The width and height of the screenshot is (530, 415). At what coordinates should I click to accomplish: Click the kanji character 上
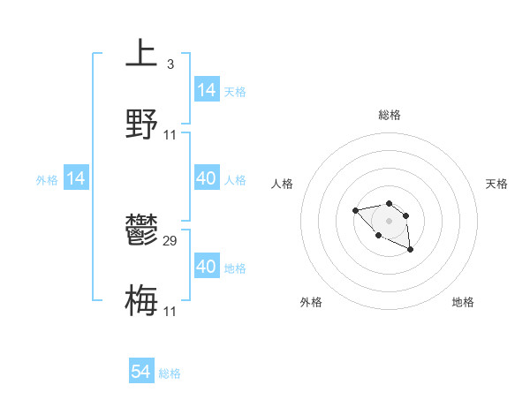pos(141,52)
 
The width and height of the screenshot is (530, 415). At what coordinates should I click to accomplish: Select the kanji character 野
pos(141,124)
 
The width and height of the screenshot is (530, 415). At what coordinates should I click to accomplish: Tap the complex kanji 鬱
pos(141,231)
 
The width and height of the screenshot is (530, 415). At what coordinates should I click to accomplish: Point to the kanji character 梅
pos(141,300)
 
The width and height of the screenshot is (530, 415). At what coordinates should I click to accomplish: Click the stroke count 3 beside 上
pos(170,64)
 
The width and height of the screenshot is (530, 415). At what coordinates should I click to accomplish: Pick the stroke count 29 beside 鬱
pos(170,241)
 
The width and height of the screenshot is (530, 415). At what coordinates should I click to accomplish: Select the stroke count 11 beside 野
pos(170,134)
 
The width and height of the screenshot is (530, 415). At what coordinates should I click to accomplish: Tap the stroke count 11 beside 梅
pos(170,311)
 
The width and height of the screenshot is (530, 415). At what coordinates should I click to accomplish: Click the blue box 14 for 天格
pos(206,89)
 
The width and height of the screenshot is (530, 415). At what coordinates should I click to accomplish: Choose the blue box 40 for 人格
pos(206,178)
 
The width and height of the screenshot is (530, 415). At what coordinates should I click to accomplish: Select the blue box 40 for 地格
pos(206,266)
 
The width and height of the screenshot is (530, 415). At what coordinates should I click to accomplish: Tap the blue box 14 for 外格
pos(76,178)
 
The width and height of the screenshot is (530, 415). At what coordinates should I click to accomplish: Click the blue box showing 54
pos(141,372)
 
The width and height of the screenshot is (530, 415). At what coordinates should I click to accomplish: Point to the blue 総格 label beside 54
pos(170,373)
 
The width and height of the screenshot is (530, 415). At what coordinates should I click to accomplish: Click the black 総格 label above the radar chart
pos(389,115)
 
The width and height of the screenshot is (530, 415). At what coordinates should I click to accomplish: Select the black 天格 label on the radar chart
pos(496,184)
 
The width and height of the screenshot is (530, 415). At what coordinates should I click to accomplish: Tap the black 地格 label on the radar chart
pos(463,302)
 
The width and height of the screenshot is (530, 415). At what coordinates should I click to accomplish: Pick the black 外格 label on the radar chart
pos(311,302)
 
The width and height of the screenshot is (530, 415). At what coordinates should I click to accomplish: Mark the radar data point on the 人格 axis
pos(355,210)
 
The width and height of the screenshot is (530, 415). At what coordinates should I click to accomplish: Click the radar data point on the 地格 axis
pos(410,250)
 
